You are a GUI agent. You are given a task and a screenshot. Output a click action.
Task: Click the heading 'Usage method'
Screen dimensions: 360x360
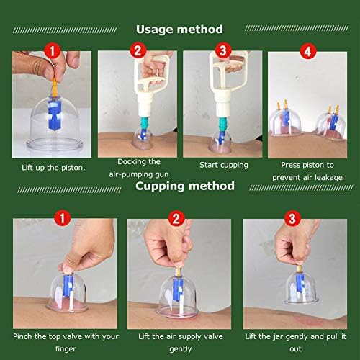[x=179, y=30]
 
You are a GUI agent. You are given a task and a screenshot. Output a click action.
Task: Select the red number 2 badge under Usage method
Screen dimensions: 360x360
[x=138, y=51]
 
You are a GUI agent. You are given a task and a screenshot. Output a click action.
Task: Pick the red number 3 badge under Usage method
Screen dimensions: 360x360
[x=222, y=51]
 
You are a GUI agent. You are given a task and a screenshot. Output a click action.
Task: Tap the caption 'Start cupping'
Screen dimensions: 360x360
[x=223, y=165]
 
